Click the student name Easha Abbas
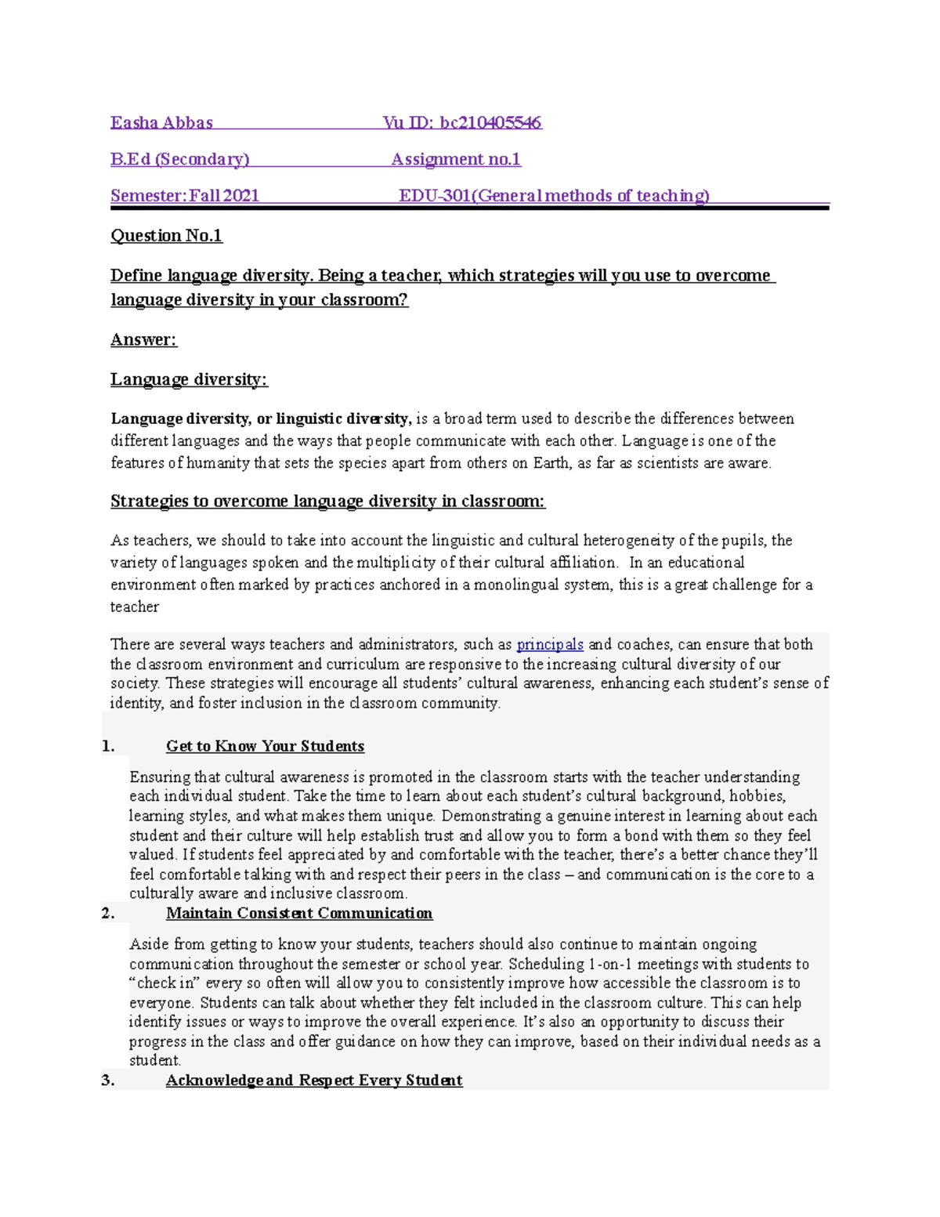pos(161,123)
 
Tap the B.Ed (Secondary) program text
pos(179,160)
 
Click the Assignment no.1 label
pos(456,160)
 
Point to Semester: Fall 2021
pos(184,196)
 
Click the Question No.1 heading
pos(166,236)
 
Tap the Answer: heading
pos(143,340)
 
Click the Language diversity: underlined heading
pos(189,380)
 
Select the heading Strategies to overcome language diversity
pos(327,502)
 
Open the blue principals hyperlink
pos(550,645)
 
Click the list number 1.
pos(108,747)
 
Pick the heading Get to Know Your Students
pos(265,747)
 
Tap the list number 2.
pos(108,914)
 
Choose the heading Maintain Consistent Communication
pos(299,914)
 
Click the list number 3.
pos(108,1081)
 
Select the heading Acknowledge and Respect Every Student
pos(314,1081)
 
